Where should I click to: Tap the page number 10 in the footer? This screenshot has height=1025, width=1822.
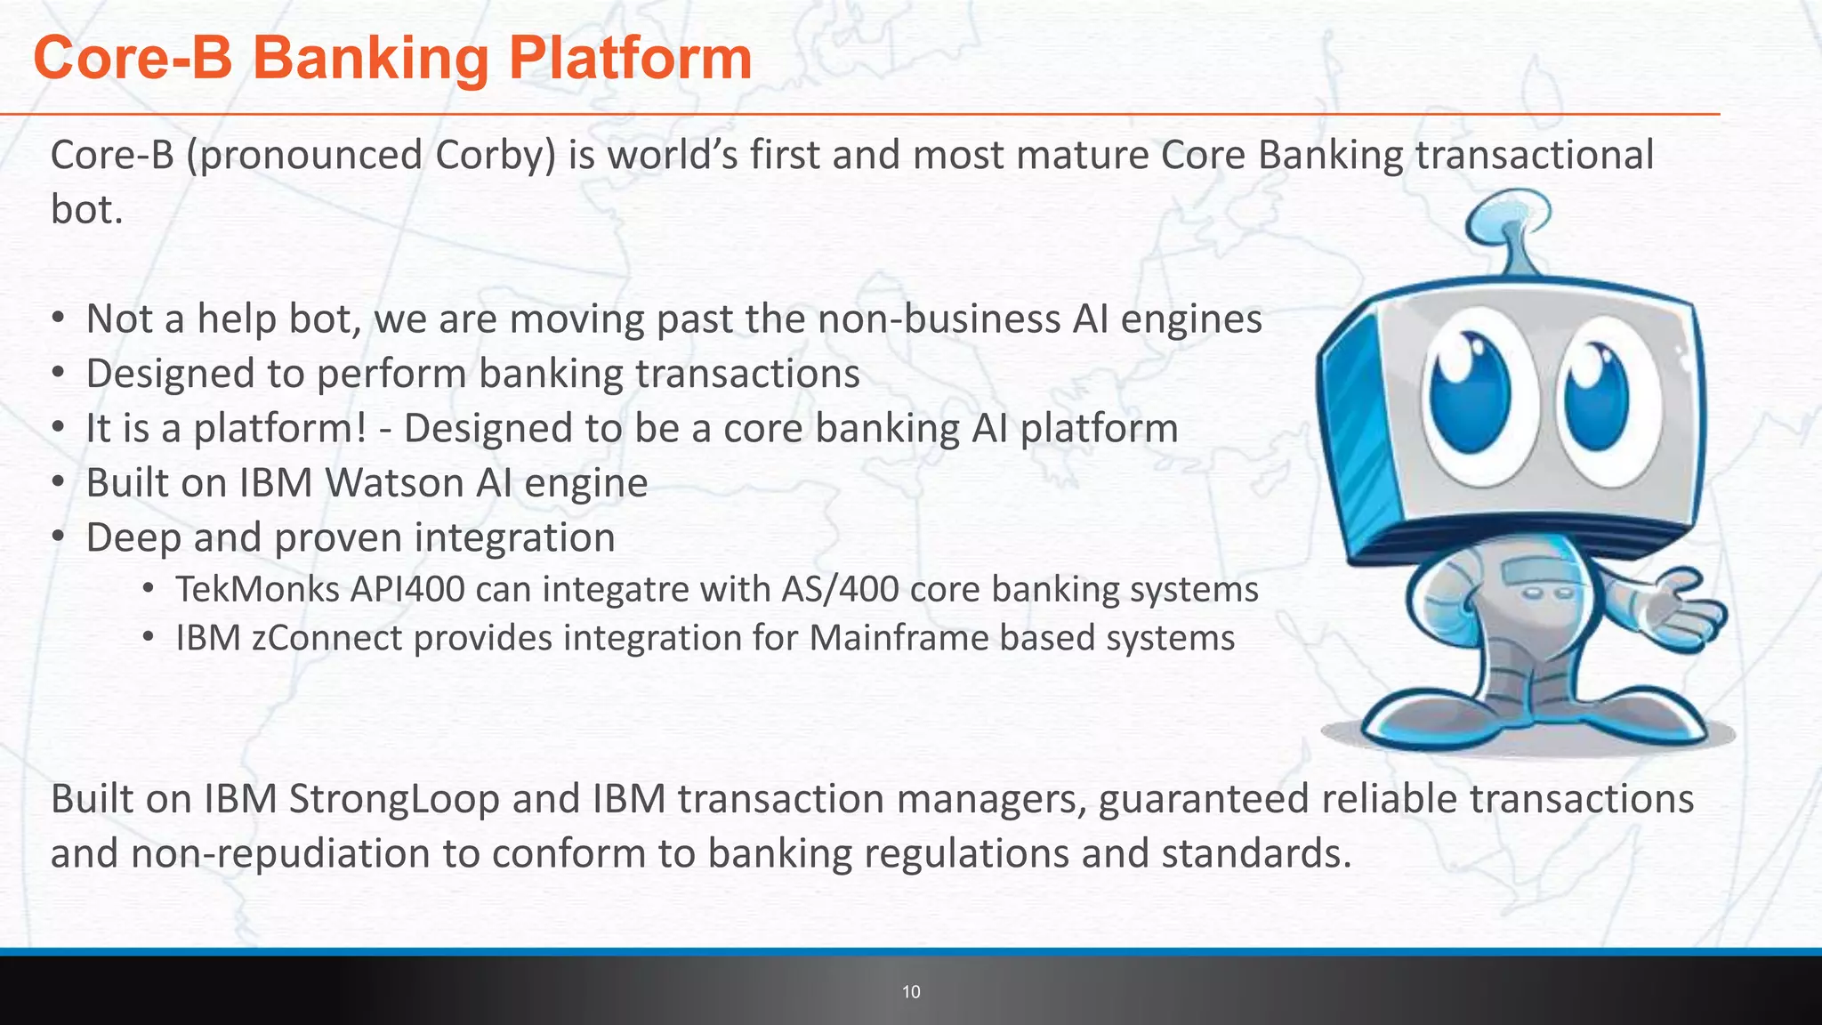click(x=911, y=992)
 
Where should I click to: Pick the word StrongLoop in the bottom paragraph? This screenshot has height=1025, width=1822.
click(x=394, y=799)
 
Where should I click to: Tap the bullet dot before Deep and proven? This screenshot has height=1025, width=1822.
click(x=59, y=537)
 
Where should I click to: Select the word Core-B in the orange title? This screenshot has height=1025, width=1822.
click(x=133, y=59)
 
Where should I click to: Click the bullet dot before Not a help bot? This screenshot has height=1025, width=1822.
click(x=59, y=319)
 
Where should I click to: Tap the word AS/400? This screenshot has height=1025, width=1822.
click(x=840, y=590)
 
